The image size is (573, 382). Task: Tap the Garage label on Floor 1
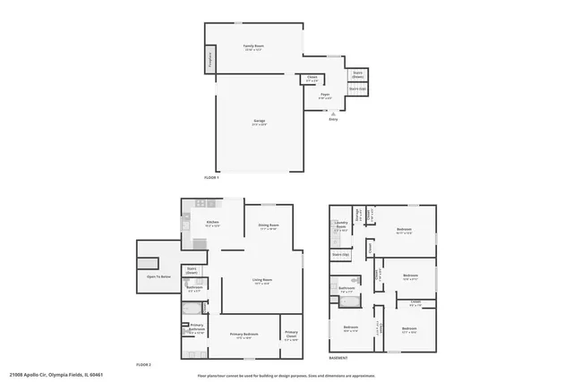coord(260,122)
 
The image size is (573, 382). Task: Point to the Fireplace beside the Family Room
coord(210,61)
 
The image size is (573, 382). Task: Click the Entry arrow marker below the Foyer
coord(333,114)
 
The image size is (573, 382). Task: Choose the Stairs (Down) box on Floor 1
coord(357,73)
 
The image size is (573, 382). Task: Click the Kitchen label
coord(213,223)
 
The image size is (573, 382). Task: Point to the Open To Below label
coord(158,276)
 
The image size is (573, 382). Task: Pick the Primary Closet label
coord(291,336)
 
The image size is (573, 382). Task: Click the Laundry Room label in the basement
coord(341,226)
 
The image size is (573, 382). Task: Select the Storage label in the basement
coord(358,215)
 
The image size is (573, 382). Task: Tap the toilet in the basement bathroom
coord(357,280)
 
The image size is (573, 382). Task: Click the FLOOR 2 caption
coord(144,365)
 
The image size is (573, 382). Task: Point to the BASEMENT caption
coord(338,359)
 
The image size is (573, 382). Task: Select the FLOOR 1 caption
coord(211,178)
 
